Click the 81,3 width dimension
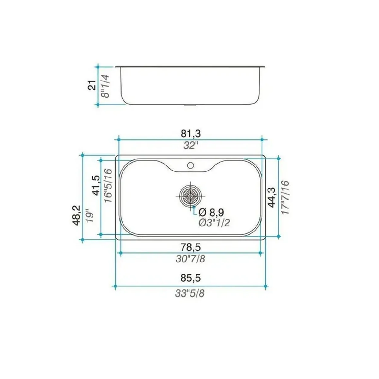pyautogui.click(x=190, y=134)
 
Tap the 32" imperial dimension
pyautogui.click(x=190, y=146)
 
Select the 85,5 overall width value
pyautogui.click(x=190, y=278)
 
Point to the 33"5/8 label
pyautogui.click(x=190, y=293)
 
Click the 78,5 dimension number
pyautogui.click(x=190, y=247)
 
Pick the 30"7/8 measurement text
pyautogui.click(x=190, y=259)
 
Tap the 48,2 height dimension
pyautogui.click(x=76, y=215)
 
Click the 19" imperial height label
pyautogui.click(x=89, y=216)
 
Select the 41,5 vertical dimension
pyautogui.click(x=96, y=186)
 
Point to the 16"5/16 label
pyautogui.click(x=108, y=186)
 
